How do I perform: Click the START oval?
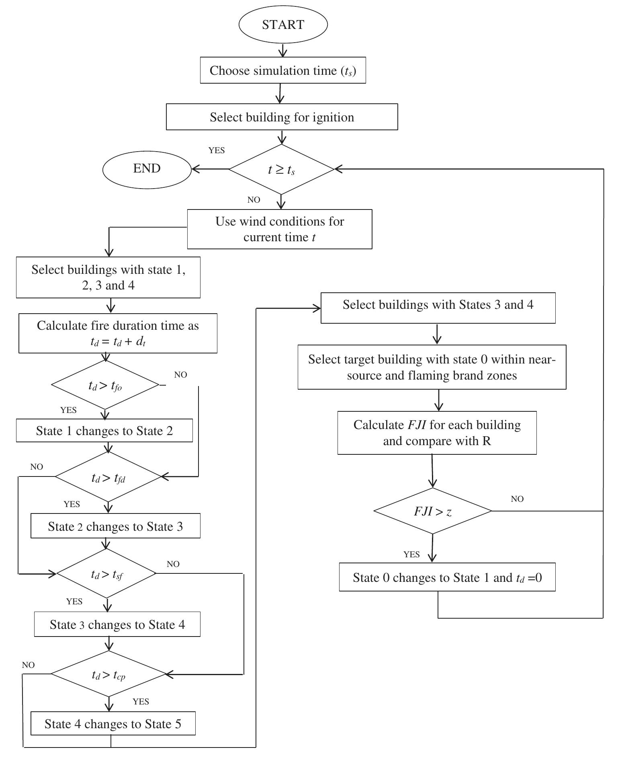pos(283,25)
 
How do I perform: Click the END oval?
pos(147,169)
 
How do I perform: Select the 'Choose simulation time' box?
pos(283,70)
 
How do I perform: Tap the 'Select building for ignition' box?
pos(282,117)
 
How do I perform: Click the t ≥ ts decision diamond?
pos(281,169)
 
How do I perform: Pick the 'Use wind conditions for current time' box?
pos(280,229)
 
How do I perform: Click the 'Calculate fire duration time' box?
pos(118,333)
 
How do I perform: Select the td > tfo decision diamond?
pos(105,385)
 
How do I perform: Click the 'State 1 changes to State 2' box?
pos(104,431)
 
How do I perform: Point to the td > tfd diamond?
pos(108,477)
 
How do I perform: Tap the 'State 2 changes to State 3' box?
pos(115,526)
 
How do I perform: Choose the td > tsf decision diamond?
pos(106,574)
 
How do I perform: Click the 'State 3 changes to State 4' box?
pos(117,624)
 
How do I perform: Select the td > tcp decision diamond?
pos(108,674)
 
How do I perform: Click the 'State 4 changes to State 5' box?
pos(113,724)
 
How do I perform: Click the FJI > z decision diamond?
pos(433,511)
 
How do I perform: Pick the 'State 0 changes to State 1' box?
pos(447,577)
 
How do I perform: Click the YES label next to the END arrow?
pos(217,150)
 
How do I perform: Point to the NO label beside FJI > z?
pos(517,499)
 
